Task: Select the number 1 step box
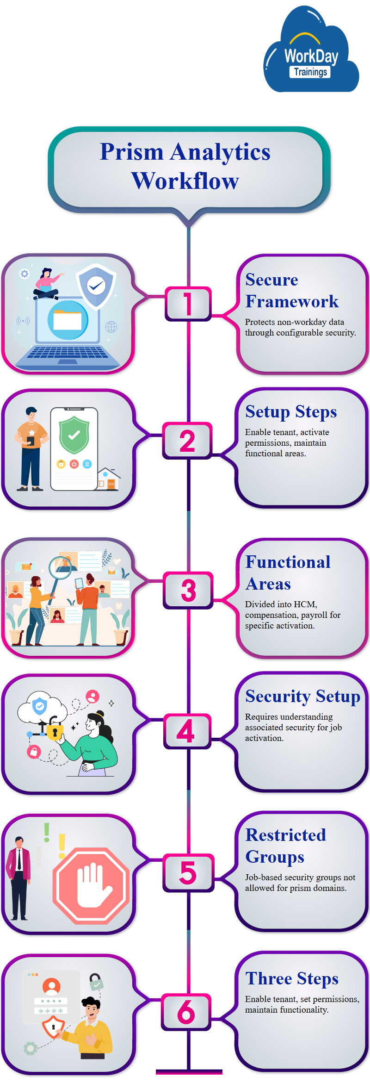click(188, 304)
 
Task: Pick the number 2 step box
click(187, 441)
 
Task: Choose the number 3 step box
click(188, 590)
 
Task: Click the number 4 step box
click(186, 731)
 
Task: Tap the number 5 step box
click(188, 873)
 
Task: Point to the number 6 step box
click(186, 1012)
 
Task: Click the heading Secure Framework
click(291, 291)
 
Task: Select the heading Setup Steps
click(291, 411)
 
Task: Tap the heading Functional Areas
click(288, 573)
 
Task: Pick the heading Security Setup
click(302, 696)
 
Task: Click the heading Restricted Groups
click(285, 846)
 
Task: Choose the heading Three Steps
click(292, 978)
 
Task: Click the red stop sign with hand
click(91, 885)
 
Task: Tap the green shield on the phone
click(74, 435)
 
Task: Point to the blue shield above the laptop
click(96, 286)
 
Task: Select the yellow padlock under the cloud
click(55, 732)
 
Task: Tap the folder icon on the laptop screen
click(68, 319)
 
